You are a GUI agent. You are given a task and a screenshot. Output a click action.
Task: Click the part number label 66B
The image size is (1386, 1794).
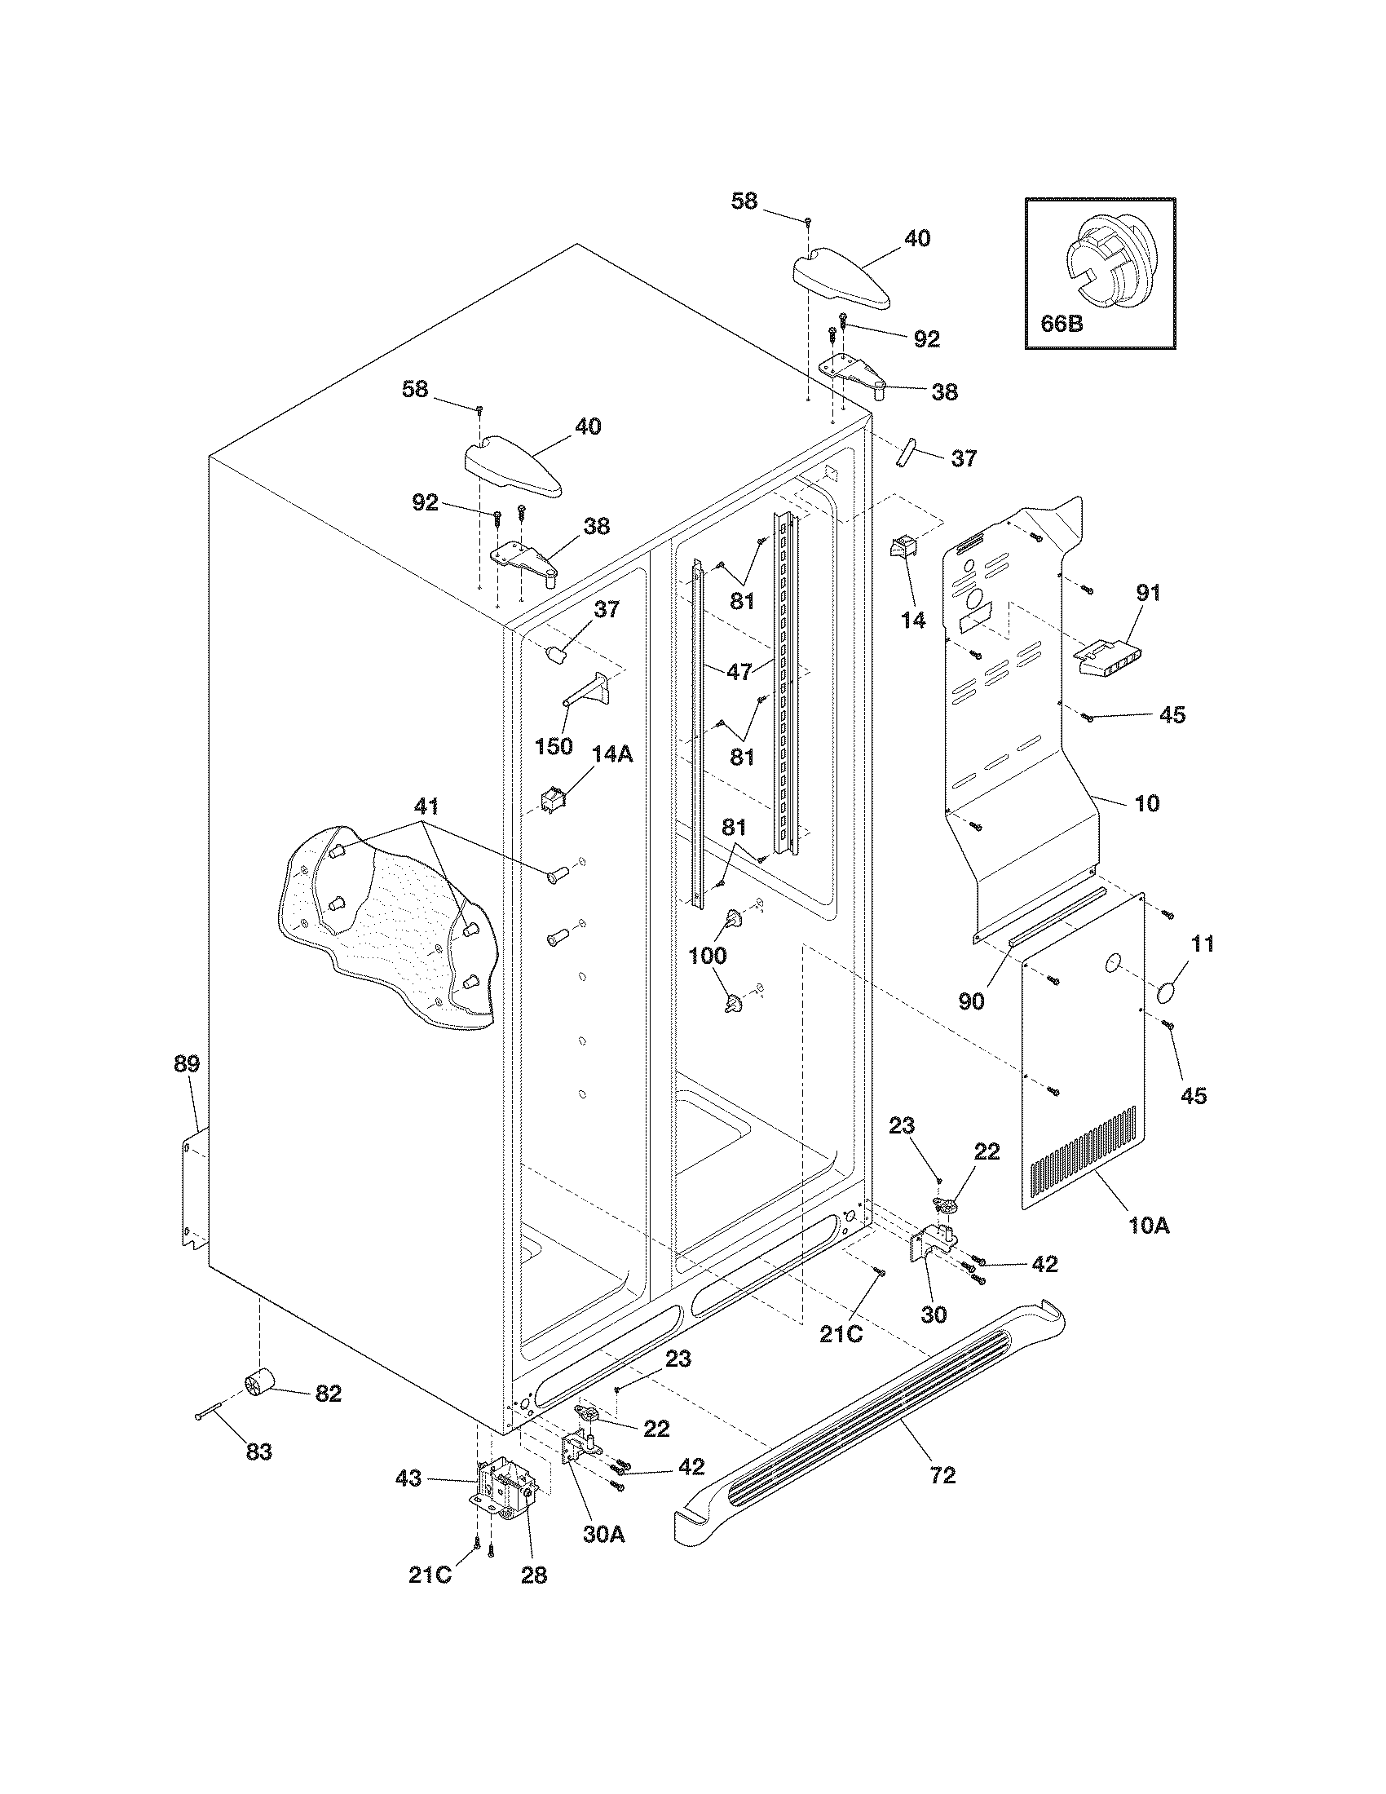(1062, 324)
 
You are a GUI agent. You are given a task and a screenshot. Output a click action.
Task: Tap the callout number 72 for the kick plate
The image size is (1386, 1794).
(942, 1476)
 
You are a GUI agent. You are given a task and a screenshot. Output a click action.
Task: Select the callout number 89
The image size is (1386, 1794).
(187, 1064)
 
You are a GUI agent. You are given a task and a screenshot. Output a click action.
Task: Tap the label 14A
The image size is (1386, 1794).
(612, 753)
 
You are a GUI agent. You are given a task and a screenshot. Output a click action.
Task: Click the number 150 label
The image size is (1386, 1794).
(554, 747)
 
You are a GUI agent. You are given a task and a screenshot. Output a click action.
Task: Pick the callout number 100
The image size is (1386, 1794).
(707, 956)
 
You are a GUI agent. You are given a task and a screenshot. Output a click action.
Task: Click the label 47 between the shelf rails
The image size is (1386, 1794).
(739, 671)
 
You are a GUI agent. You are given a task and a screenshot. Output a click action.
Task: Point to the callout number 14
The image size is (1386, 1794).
(912, 621)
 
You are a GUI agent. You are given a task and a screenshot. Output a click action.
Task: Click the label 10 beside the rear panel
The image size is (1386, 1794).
(1146, 803)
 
